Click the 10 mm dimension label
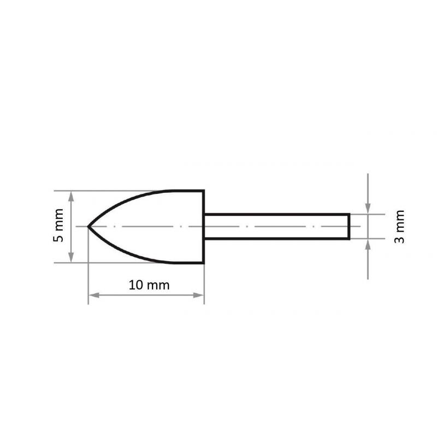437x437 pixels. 149,285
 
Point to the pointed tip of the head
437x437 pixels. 89,226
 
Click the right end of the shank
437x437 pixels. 349,226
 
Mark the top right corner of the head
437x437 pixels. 204,191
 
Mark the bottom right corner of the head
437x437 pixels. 204,262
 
